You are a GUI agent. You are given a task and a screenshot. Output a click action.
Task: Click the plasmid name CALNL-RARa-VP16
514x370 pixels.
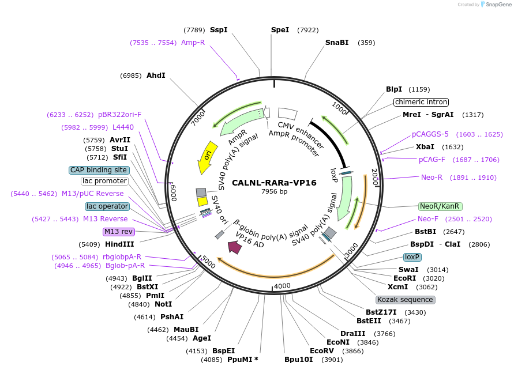[274, 183]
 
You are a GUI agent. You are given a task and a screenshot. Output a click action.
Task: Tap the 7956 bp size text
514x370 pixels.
[274, 191]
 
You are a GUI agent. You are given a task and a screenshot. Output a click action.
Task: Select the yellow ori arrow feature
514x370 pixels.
[207, 156]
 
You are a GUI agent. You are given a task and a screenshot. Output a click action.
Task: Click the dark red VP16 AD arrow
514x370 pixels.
[235, 247]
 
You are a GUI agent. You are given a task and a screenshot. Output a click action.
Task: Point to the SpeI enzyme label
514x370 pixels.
[280, 30]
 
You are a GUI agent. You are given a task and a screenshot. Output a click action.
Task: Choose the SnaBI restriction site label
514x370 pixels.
[337, 43]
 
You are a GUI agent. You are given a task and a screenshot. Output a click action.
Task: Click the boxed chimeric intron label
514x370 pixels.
[421, 102]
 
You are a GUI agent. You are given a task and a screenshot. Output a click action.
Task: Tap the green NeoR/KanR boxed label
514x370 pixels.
[440, 206]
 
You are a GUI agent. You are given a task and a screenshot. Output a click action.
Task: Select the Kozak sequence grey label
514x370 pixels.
[405, 300]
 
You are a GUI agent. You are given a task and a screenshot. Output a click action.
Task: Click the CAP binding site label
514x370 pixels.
[99, 170]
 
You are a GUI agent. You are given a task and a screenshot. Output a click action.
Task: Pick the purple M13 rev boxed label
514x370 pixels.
[118, 232]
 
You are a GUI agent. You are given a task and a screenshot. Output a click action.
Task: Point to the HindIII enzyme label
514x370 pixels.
[119, 244]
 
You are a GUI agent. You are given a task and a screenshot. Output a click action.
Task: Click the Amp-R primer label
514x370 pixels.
[193, 43]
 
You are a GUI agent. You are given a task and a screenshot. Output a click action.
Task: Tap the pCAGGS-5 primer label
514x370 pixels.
[430, 134]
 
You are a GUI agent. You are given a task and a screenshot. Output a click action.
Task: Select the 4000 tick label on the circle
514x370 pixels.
[282, 286]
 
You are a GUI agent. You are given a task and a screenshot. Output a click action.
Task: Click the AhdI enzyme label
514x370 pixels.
[156, 75]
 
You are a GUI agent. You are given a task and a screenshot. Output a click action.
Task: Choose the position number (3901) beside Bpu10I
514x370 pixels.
[332, 360]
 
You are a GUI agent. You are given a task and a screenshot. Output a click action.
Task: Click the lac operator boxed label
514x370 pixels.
[107, 206]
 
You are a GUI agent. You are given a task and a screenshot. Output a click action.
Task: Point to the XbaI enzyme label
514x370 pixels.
[425, 147]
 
